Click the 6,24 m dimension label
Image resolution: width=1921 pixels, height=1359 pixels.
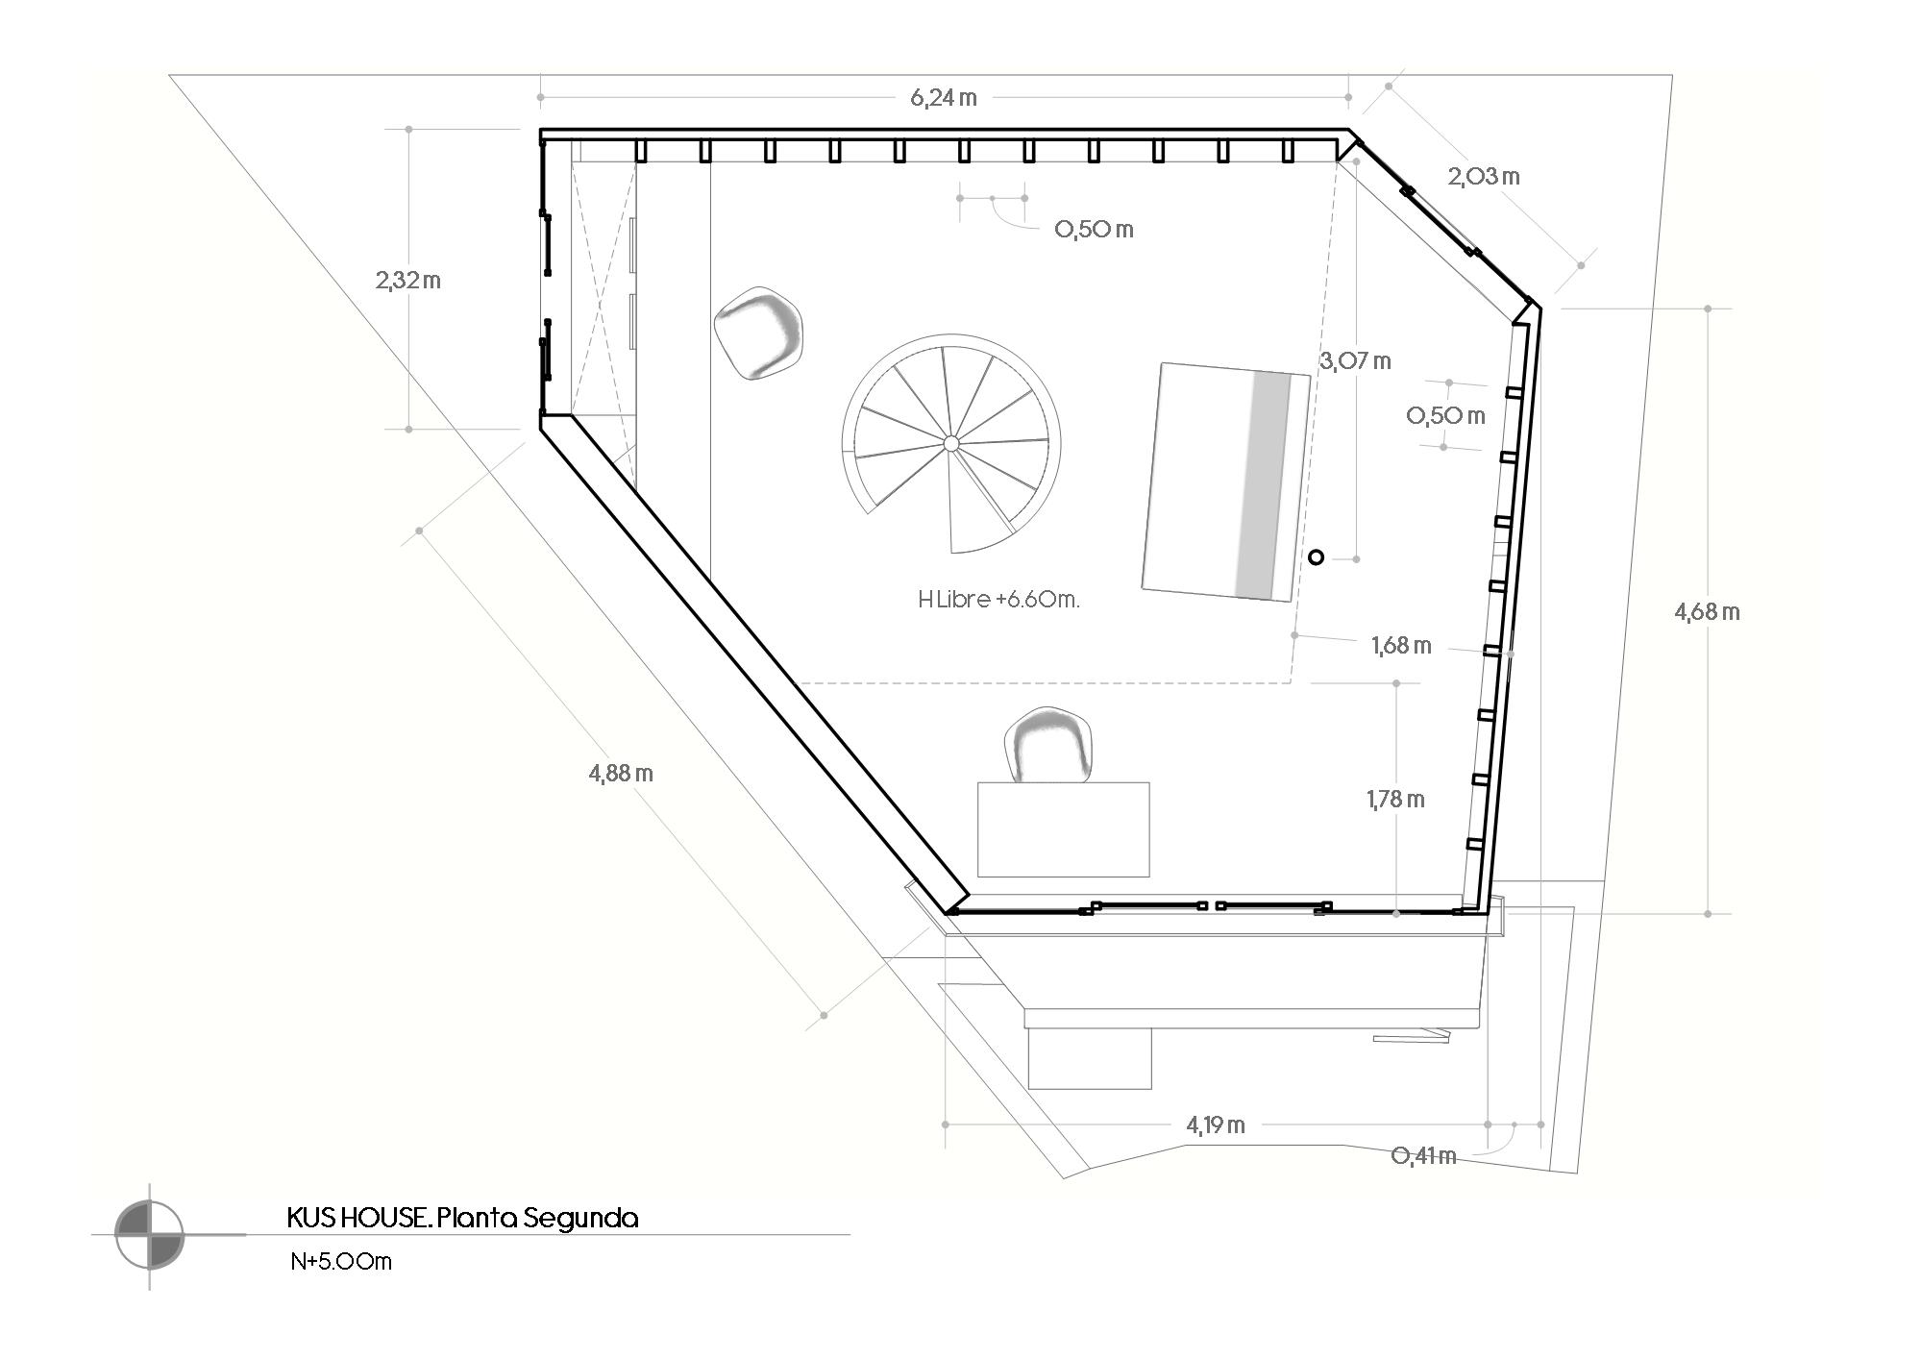click(x=944, y=98)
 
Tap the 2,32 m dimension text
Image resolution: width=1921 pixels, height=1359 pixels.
click(x=408, y=281)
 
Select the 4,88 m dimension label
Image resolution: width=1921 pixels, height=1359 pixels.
click(x=621, y=773)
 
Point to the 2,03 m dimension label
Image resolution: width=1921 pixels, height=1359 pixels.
click(x=1484, y=176)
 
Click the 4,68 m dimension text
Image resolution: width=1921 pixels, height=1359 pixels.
click(x=1707, y=611)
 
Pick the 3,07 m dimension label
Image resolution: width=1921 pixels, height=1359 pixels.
click(x=1355, y=361)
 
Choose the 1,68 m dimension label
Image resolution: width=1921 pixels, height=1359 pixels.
click(x=1401, y=646)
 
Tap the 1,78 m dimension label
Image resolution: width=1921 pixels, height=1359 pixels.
click(x=1395, y=799)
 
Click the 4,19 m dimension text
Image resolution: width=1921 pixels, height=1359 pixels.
click(x=1216, y=1124)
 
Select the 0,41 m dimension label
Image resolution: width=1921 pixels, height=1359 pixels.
click(x=1423, y=1155)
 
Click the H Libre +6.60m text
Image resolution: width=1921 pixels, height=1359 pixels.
click(x=998, y=600)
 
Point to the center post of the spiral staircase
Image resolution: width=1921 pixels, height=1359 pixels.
click(x=950, y=443)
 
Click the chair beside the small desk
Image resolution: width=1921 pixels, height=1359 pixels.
click(x=1050, y=746)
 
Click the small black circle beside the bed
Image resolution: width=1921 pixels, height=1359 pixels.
click(x=1317, y=556)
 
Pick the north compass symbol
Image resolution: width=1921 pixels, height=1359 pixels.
click(x=149, y=1234)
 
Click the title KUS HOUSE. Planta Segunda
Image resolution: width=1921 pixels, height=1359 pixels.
click(x=462, y=1219)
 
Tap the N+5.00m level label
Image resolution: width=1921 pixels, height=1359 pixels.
click(x=341, y=1261)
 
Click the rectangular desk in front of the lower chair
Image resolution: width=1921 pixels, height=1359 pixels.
click(x=1063, y=828)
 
